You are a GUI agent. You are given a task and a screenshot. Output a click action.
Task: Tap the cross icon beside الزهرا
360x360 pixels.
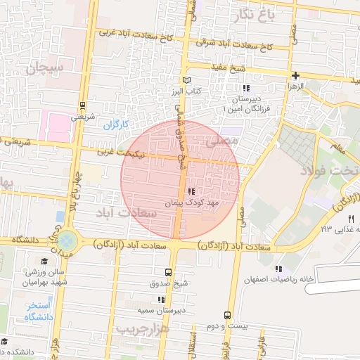point(295,75)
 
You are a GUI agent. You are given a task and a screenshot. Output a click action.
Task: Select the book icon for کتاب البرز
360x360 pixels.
point(186,80)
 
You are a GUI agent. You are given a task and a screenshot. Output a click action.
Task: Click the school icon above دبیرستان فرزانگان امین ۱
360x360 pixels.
point(245,88)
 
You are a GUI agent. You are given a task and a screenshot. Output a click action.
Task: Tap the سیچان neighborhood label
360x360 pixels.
point(46,68)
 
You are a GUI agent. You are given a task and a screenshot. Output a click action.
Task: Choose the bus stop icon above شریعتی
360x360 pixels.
point(84,105)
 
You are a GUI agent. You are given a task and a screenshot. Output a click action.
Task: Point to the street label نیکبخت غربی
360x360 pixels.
point(133,150)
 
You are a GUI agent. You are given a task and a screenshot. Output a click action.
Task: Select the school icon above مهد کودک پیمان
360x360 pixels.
point(192,191)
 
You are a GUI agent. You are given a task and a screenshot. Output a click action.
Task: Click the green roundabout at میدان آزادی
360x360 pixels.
point(67,240)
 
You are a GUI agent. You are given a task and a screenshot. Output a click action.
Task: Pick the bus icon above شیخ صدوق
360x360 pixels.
point(167,272)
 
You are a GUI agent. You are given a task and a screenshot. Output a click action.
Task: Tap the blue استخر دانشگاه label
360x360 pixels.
point(39,311)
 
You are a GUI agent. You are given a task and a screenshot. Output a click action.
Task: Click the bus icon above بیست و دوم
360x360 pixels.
point(227,315)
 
